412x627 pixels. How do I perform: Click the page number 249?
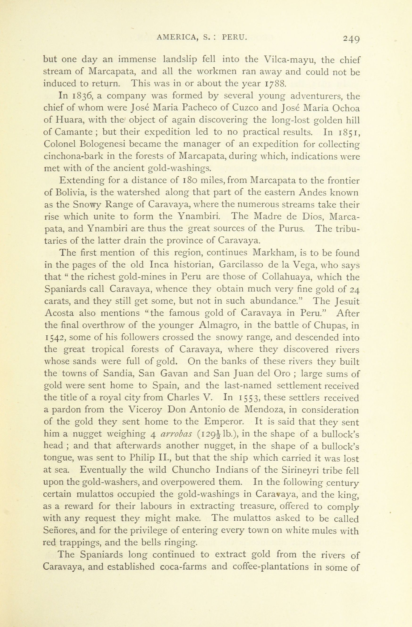click(x=351, y=39)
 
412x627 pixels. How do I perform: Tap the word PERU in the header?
click(x=234, y=38)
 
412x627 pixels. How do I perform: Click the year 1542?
click(x=54, y=337)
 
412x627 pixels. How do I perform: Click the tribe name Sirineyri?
click(x=302, y=470)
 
